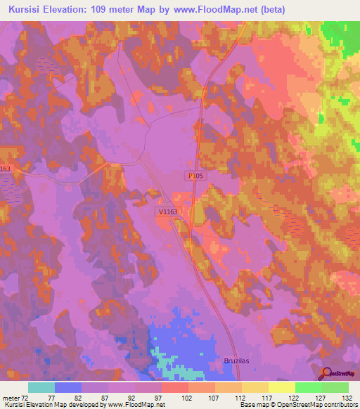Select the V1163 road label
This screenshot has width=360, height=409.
[x=167, y=211]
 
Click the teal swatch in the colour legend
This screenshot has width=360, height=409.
[x=41, y=387]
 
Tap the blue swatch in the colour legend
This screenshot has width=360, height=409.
[x=68, y=387]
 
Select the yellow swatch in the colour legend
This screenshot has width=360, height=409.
[x=281, y=387]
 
